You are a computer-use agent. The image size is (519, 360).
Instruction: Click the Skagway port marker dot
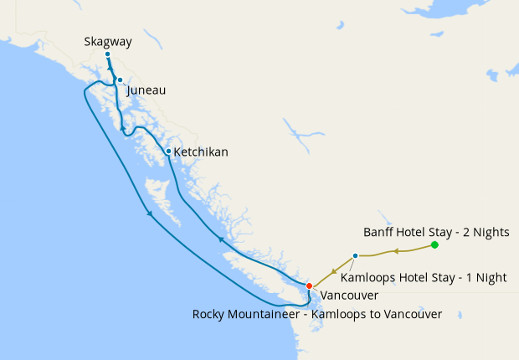(107, 54)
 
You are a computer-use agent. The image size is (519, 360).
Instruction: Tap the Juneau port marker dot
(120, 80)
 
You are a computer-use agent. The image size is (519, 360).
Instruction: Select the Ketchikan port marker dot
(168, 152)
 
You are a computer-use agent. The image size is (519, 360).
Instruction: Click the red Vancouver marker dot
(309, 285)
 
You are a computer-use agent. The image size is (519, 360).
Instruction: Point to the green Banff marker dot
(434, 244)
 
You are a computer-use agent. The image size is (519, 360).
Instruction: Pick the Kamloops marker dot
(356, 255)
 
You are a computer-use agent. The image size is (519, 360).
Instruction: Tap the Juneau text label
(146, 90)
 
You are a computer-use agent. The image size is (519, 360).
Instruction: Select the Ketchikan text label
(200, 152)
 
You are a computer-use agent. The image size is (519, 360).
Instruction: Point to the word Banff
(379, 231)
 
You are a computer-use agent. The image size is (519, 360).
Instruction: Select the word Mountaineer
(270, 314)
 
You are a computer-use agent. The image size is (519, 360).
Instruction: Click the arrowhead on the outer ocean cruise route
(150, 213)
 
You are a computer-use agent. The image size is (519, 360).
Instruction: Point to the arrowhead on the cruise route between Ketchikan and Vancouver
(221, 239)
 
